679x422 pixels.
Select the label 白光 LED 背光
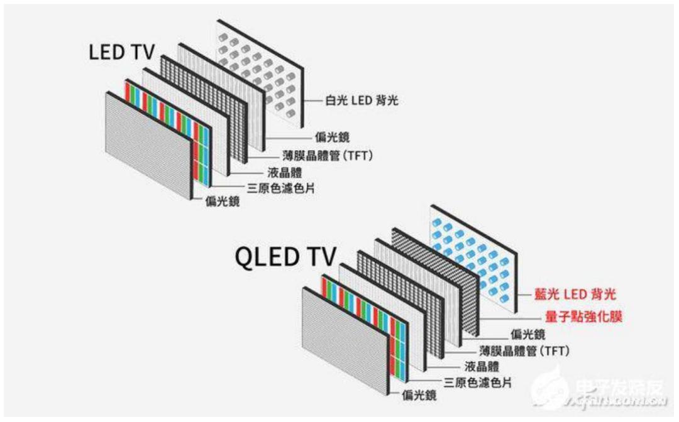(x=362, y=100)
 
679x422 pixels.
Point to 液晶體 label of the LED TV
(x=285, y=171)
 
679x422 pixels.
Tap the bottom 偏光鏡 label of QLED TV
(x=419, y=396)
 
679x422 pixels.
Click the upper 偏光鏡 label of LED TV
(x=333, y=138)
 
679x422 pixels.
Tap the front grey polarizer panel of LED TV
(x=148, y=144)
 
